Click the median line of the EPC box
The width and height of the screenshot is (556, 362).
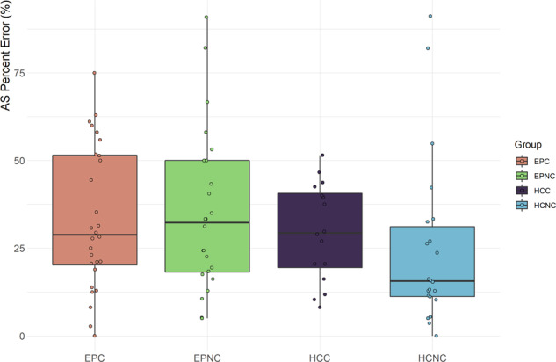(94, 235)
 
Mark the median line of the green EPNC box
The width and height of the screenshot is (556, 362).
(207, 222)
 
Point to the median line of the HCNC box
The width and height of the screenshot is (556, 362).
(433, 281)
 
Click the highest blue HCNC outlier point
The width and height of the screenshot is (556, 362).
(430, 16)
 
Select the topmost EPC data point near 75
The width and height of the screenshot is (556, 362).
(94, 73)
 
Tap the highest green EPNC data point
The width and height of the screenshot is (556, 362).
(206, 17)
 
